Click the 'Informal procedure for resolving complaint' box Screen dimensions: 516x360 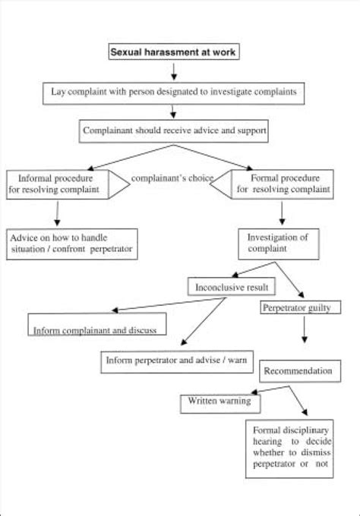[56, 183]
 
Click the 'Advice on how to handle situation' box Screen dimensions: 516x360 [71, 244]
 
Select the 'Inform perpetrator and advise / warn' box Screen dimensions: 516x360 [175, 361]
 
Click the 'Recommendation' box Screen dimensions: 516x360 [297, 371]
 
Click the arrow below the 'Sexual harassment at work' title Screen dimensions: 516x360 [175, 71]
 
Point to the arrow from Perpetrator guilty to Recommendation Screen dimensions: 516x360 [305, 335]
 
